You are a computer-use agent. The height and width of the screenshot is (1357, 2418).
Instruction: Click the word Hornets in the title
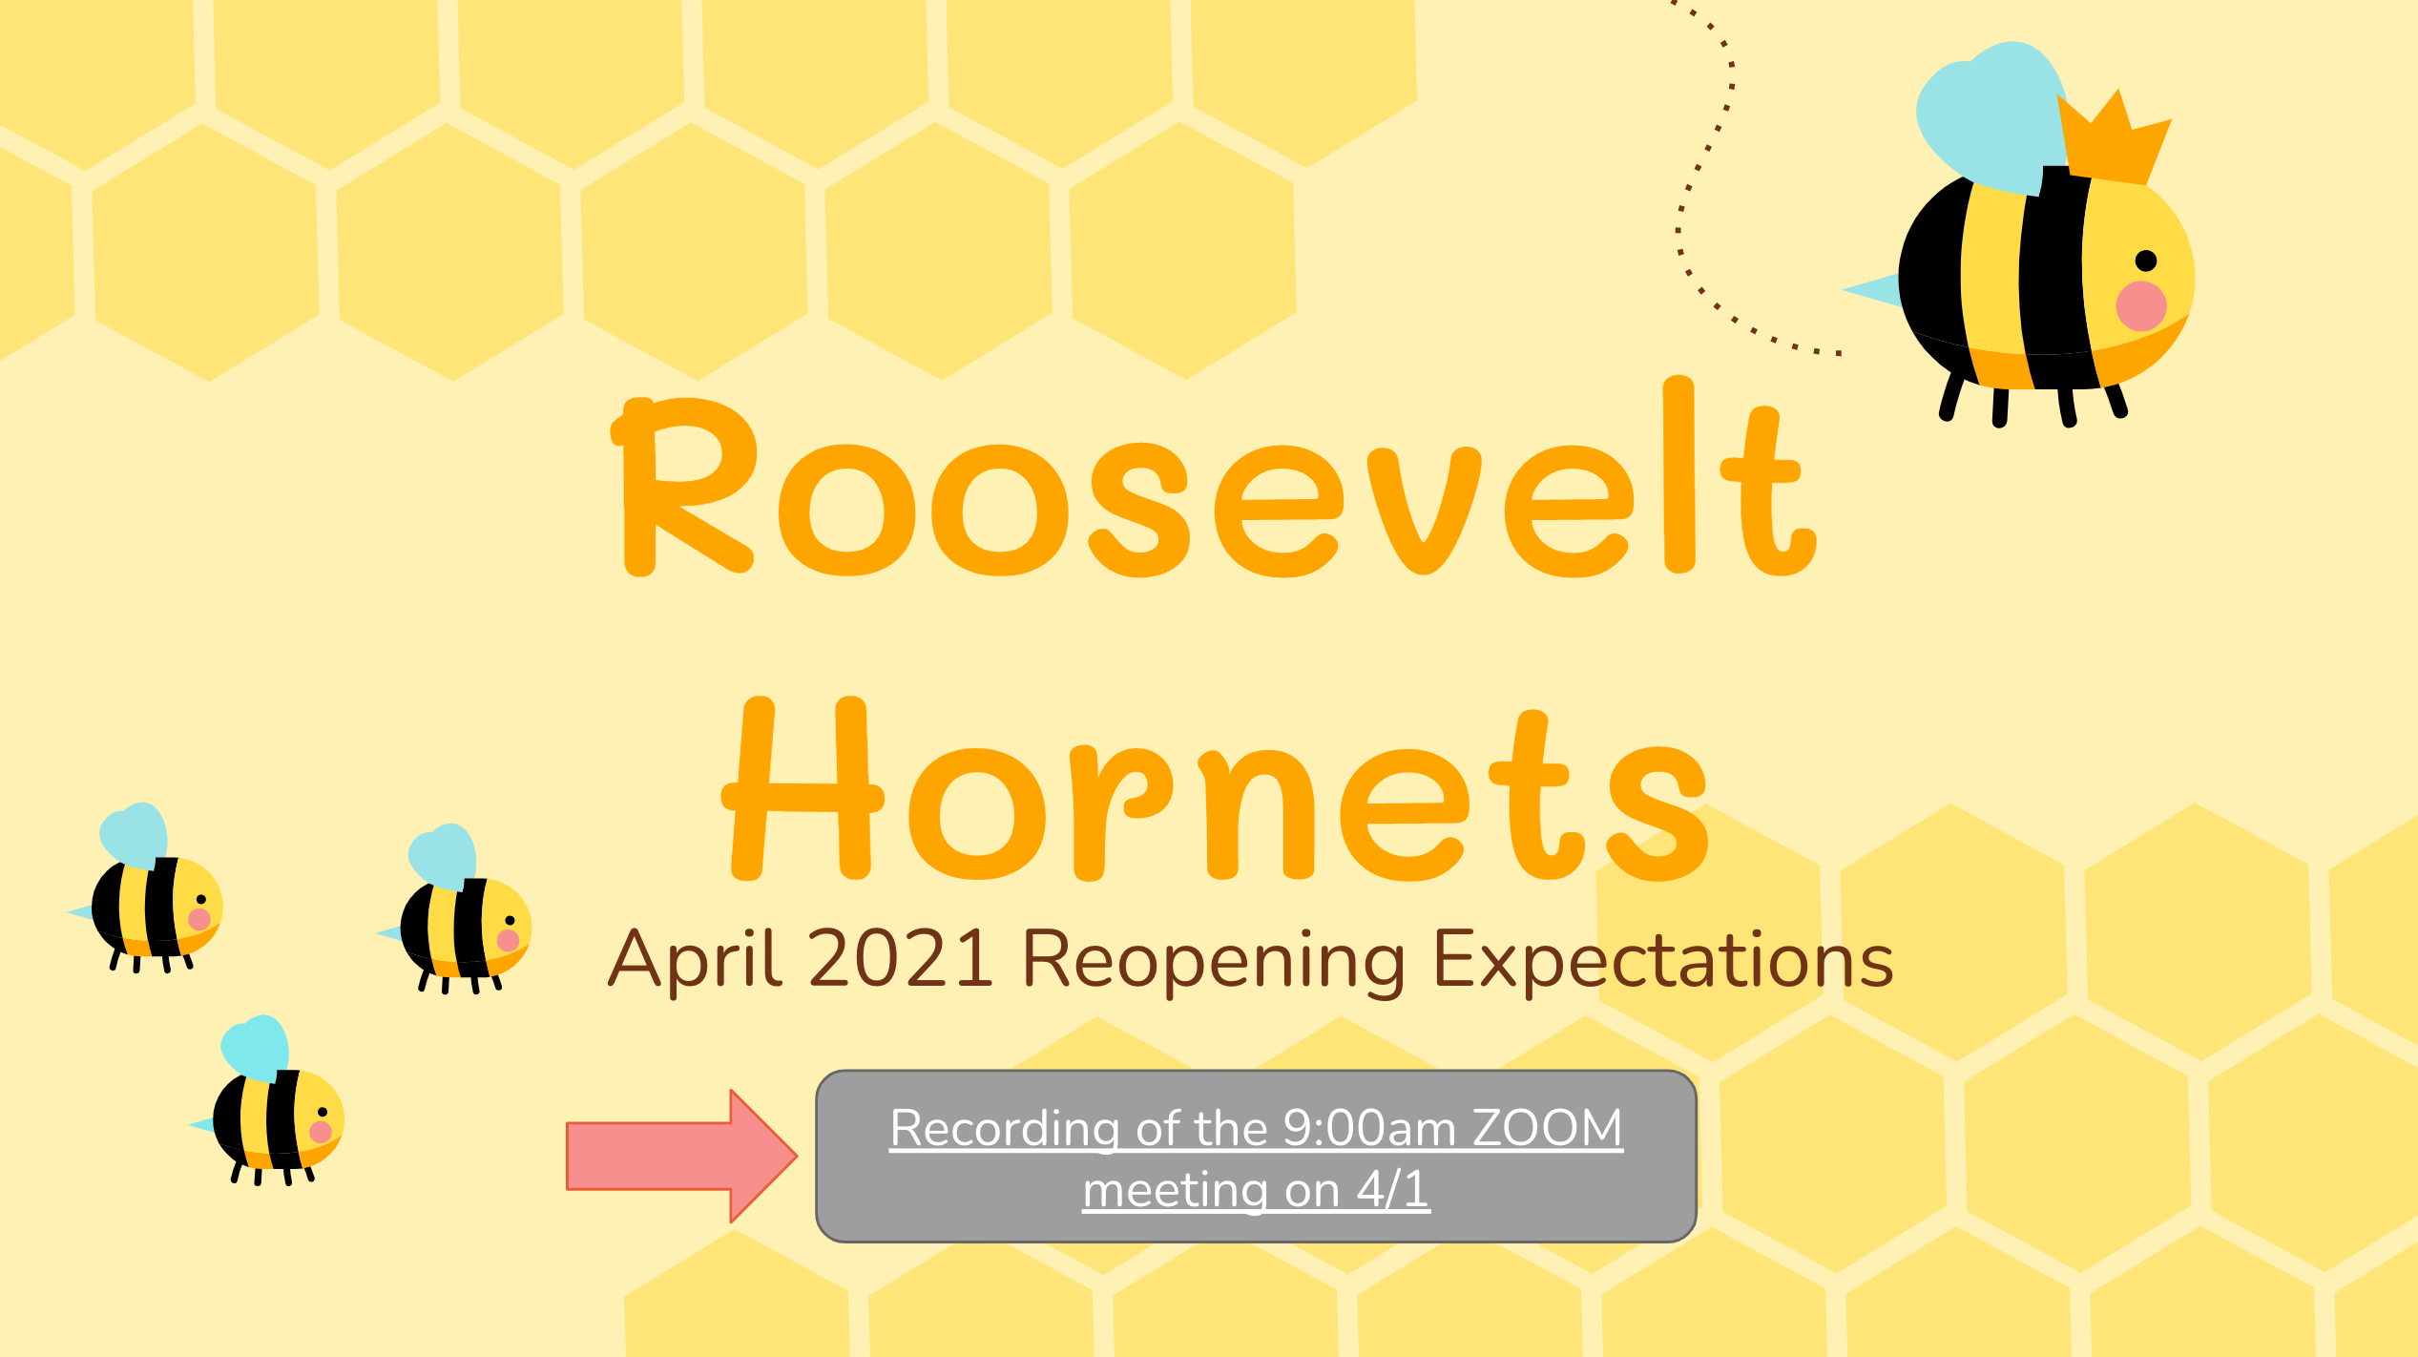1215,788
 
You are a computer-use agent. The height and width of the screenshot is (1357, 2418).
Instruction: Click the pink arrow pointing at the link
681,1156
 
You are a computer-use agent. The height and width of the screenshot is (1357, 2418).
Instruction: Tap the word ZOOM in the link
1547,1128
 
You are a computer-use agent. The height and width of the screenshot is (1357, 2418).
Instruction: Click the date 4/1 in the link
1393,1189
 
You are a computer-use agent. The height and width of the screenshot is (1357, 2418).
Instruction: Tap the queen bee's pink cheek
2141,306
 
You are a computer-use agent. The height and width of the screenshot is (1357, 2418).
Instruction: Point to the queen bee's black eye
2146,261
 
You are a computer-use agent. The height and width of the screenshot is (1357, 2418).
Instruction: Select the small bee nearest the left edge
145,887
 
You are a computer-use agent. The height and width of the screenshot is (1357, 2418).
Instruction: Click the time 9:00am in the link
1369,1128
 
